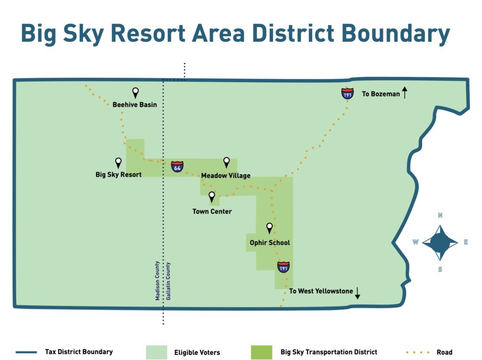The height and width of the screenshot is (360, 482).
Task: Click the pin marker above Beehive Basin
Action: [x=135, y=93]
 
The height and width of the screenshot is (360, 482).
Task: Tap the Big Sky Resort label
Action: [x=118, y=175]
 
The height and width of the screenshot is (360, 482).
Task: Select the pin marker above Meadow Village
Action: [x=226, y=162]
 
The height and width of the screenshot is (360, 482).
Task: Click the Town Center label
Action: [x=212, y=211]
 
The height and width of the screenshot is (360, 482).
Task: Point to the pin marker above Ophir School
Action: [x=269, y=228]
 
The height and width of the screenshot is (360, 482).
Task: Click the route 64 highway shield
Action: [x=177, y=166]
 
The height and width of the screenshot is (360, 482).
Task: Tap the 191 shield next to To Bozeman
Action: [x=347, y=93]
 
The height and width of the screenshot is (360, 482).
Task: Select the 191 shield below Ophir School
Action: [x=283, y=267]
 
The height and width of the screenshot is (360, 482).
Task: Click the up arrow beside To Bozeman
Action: [x=405, y=93]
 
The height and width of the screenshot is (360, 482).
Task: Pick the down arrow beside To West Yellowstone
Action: [x=358, y=293]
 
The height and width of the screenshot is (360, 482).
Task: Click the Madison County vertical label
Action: [x=157, y=280]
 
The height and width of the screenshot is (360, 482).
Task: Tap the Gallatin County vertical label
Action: [x=168, y=281]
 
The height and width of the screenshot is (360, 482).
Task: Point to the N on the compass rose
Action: [x=440, y=215]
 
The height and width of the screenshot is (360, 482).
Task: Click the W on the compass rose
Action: [x=416, y=242]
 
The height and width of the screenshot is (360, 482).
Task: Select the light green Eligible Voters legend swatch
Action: [x=156, y=352]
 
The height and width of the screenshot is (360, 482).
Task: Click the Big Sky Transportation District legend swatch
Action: [x=262, y=352]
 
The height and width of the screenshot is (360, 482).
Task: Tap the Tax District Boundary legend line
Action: [x=26, y=352]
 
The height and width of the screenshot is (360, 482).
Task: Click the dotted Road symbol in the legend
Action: [x=418, y=352]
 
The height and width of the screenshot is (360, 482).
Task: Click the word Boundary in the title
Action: [x=395, y=33]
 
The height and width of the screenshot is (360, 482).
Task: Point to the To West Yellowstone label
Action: [x=321, y=291]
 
